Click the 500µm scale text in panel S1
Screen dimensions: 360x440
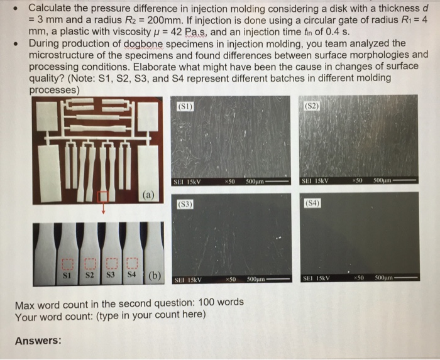254,182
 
